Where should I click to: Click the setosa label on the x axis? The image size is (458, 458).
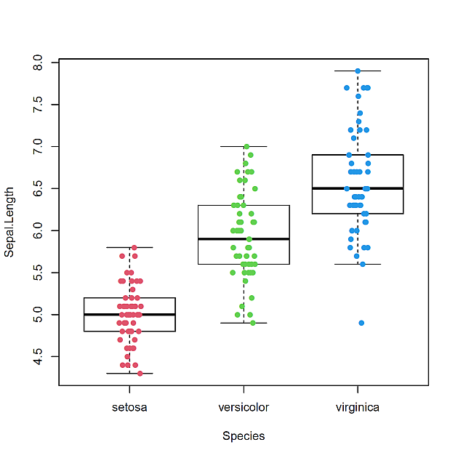click(x=129, y=407)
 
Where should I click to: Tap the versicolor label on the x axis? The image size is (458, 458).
click(x=244, y=407)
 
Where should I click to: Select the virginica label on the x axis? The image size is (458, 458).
click(x=357, y=407)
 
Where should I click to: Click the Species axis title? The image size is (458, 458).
click(x=244, y=436)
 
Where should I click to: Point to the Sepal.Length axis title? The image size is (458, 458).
click(x=9, y=222)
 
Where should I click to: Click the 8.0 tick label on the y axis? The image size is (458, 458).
click(x=39, y=63)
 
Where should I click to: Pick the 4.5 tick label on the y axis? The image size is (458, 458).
click(x=39, y=356)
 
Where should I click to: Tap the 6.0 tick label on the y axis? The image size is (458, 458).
click(x=39, y=230)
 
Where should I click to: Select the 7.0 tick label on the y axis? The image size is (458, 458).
click(x=39, y=147)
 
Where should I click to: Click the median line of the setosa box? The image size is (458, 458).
click(x=129, y=315)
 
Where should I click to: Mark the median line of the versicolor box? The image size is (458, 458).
click(x=244, y=238)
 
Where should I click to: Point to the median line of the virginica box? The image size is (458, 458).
click(x=357, y=188)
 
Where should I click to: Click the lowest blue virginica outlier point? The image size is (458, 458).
click(x=361, y=323)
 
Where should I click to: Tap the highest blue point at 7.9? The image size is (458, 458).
click(x=358, y=71)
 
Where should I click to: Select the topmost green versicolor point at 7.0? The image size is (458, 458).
click(x=246, y=147)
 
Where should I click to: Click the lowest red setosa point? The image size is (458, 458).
click(x=140, y=373)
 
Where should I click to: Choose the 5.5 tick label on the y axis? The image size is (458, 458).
click(x=39, y=273)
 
